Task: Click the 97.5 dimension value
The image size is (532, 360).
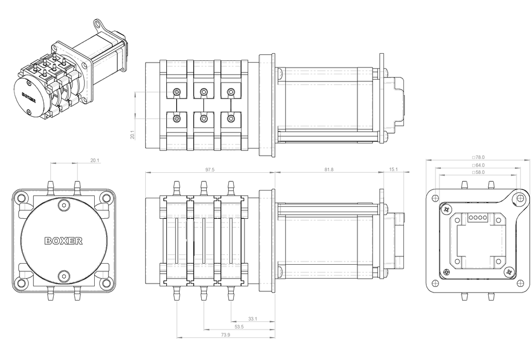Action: [209, 169]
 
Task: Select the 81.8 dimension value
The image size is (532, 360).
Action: [329, 169]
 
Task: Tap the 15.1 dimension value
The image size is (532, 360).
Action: [393, 169]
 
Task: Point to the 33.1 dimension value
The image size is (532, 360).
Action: [252, 319]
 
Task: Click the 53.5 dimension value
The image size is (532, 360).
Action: [239, 327]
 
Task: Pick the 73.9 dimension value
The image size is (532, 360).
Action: [225, 335]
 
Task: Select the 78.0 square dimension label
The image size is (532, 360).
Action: [477, 157]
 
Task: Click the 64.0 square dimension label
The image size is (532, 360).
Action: [477, 165]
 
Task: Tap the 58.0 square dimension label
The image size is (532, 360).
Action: [477, 172]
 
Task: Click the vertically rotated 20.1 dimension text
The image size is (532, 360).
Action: [132, 135]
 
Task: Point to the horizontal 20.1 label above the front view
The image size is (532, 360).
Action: [94, 161]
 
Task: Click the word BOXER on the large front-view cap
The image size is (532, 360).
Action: [64, 241]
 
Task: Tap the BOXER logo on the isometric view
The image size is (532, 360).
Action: [30, 96]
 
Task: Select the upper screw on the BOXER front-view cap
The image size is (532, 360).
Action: [64, 205]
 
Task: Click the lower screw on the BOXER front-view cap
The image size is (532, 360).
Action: [64, 275]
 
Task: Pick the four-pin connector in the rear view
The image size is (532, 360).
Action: [477, 218]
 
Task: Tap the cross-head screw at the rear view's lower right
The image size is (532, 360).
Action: [509, 271]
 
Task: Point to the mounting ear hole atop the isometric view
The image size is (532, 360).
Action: [98, 23]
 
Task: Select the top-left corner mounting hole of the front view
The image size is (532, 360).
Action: [22, 197]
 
